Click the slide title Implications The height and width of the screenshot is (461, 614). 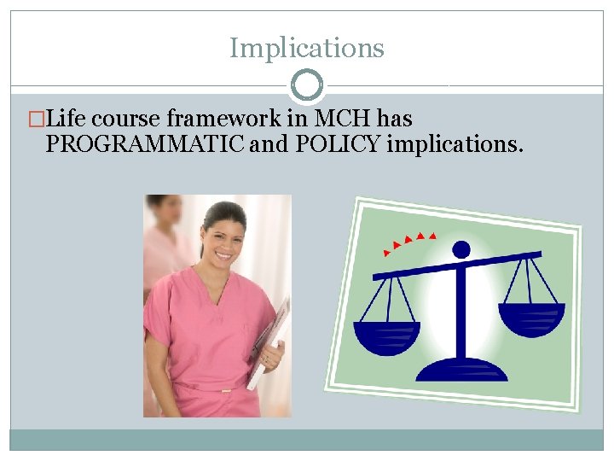(307, 48)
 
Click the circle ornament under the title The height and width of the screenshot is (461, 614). (307, 85)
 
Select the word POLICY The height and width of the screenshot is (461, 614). (338, 144)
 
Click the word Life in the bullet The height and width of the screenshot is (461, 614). (68, 119)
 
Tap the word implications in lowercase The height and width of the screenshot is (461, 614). (455, 144)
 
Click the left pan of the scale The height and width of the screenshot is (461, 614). (386, 335)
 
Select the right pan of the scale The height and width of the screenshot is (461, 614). (530, 318)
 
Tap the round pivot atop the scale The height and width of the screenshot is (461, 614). (460, 249)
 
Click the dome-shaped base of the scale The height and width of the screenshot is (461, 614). (461, 369)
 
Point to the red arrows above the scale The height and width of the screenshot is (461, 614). (408, 240)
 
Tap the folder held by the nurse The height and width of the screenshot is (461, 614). (271, 341)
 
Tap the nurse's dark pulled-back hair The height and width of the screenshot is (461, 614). (220, 213)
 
